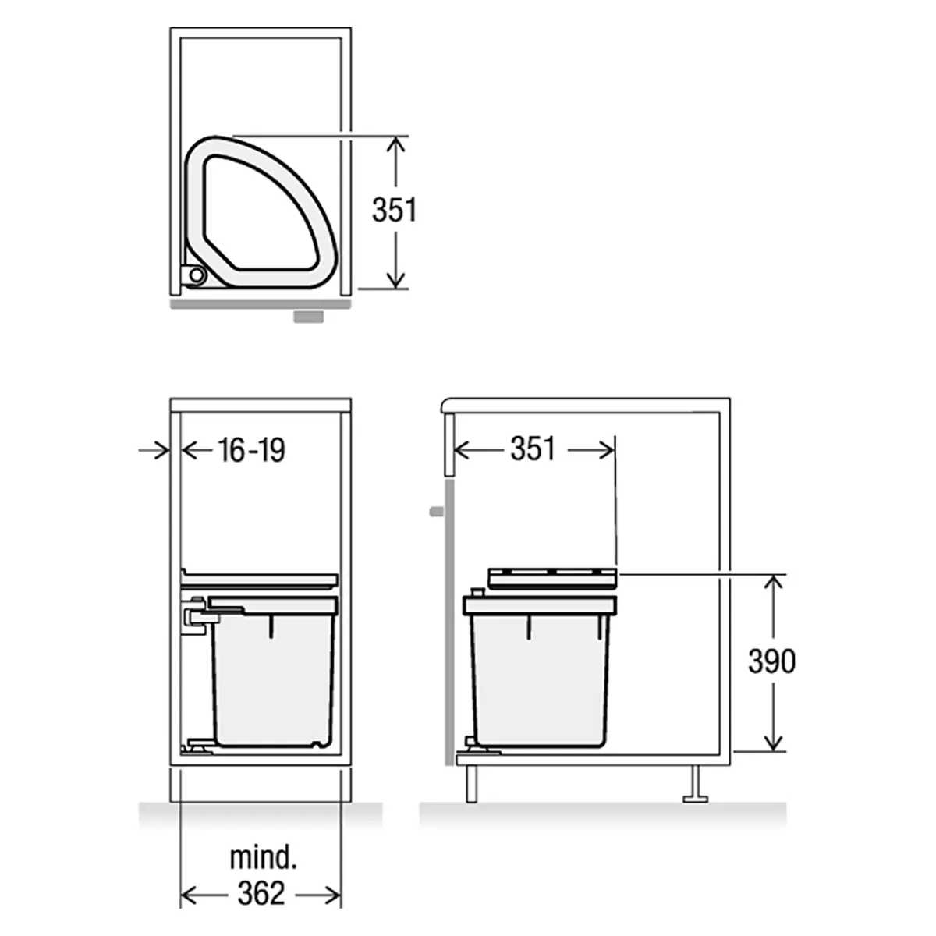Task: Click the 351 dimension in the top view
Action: [x=395, y=210]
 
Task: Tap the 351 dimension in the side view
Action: [x=533, y=448]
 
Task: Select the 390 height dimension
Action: [x=772, y=661]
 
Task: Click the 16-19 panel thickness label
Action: [x=252, y=450]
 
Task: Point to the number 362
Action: [x=261, y=893]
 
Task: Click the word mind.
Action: [x=263, y=858]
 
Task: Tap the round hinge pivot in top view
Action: [x=197, y=275]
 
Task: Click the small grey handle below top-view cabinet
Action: [x=309, y=317]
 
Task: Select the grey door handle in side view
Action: [x=437, y=512]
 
